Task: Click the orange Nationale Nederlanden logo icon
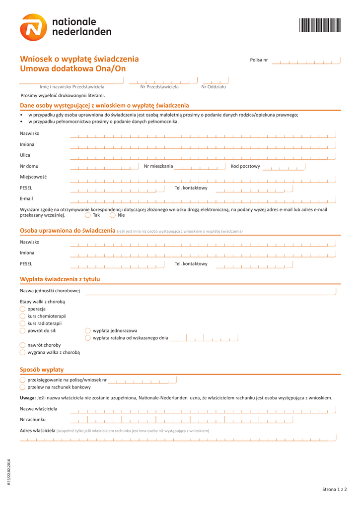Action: click(x=34, y=27)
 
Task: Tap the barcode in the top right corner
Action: click(x=320, y=25)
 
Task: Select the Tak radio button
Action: click(x=88, y=215)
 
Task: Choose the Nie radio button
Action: click(x=113, y=215)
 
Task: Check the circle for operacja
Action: click(x=23, y=309)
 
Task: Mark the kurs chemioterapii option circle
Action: click(x=23, y=316)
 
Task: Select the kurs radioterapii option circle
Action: click(x=23, y=323)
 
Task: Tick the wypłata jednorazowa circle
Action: click(x=88, y=330)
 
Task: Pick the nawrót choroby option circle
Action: click(x=23, y=345)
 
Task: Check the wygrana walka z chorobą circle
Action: click(x=23, y=352)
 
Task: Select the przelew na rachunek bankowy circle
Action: click(x=23, y=387)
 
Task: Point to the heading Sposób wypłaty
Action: click(x=42, y=370)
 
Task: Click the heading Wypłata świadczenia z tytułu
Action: click(x=60, y=279)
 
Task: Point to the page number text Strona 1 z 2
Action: click(x=334, y=490)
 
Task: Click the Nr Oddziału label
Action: click(x=214, y=87)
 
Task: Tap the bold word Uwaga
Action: click(x=27, y=398)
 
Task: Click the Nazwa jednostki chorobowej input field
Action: click(x=211, y=291)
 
